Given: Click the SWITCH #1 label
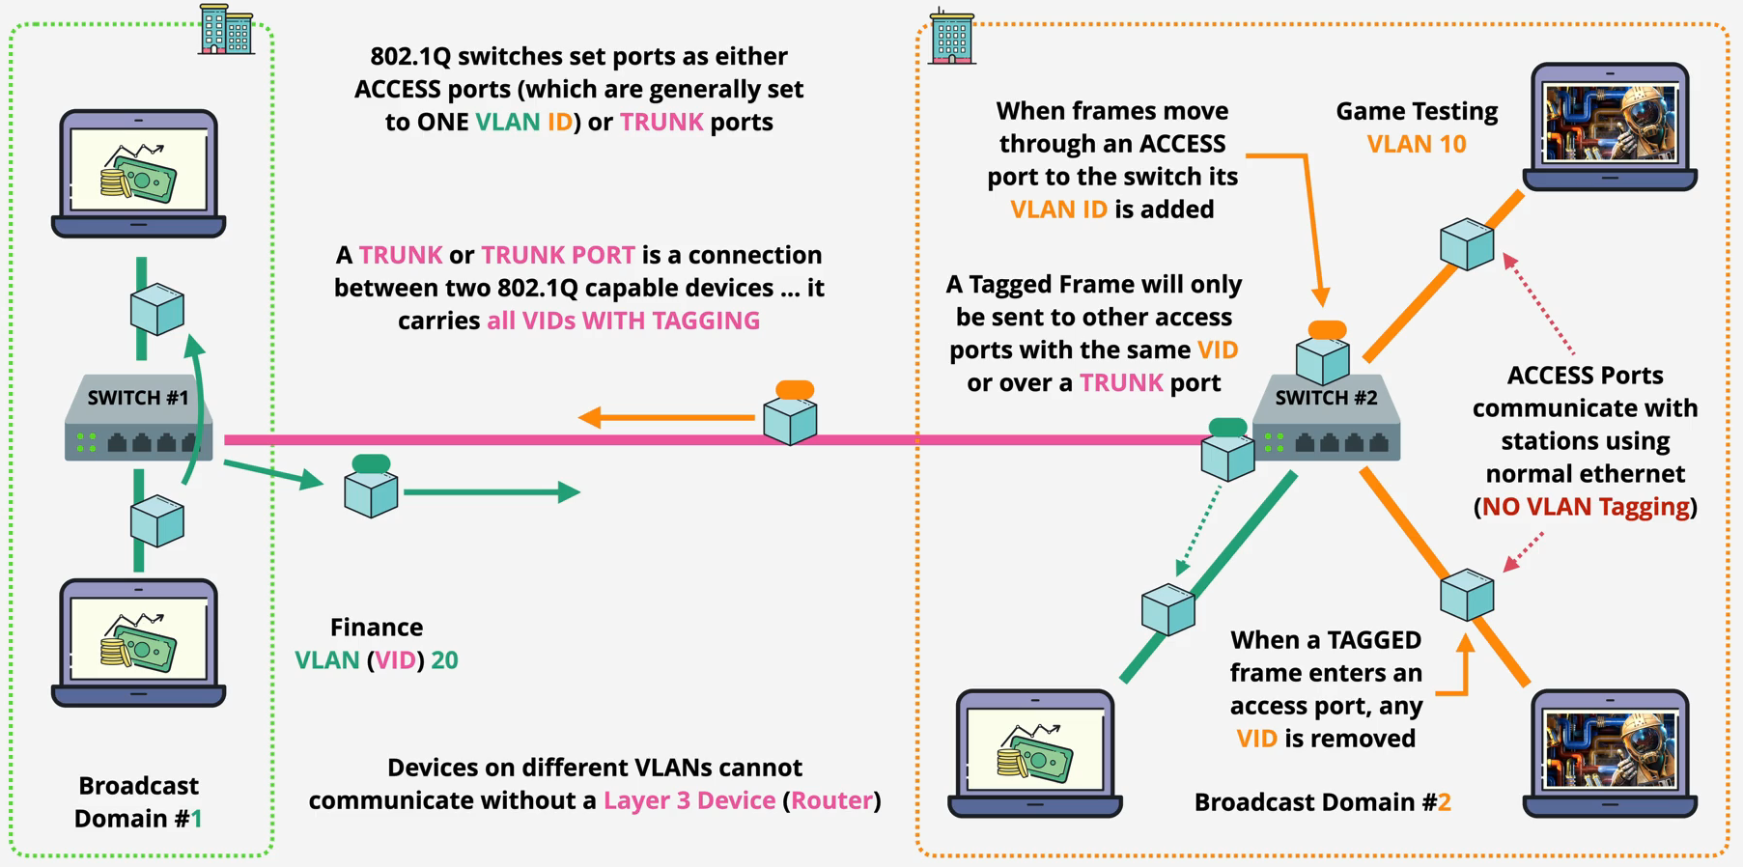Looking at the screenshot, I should pyautogui.click(x=138, y=398).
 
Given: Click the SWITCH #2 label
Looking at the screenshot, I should pyautogui.click(x=1326, y=398).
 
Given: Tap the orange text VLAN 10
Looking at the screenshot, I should pyautogui.click(x=1416, y=144).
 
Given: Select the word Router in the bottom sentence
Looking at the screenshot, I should pyautogui.click(x=831, y=800).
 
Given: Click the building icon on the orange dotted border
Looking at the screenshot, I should pyautogui.click(x=951, y=37).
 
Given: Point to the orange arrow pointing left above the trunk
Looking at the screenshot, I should pyautogui.click(x=666, y=417).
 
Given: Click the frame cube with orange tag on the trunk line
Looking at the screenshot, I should pyautogui.click(x=790, y=416).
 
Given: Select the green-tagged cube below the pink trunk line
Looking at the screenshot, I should pyautogui.click(x=371, y=488).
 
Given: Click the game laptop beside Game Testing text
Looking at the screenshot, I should pyautogui.click(x=1610, y=126).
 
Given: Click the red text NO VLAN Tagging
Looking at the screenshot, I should pyautogui.click(x=1586, y=507).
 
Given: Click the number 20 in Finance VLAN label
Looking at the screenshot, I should pyautogui.click(x=444, y=660).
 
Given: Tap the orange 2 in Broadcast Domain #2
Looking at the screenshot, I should pyautogui.click(x=1444, y=802).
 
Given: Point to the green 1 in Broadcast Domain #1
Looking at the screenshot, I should pyautogui.click(x=196, y=819).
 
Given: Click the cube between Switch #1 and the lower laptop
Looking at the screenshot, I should pyautogui.click(x=157, y=521).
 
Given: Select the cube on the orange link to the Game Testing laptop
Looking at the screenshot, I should pyautogui.click(x=1467, y=243).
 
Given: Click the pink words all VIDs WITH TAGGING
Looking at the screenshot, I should pyautogui.click(x=623, y=321).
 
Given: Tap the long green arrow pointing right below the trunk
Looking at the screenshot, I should pyautogui.click(x=492, y=492).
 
